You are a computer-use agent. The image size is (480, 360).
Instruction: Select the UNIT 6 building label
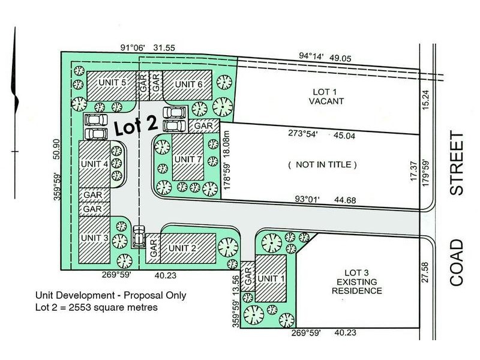pos(188,83)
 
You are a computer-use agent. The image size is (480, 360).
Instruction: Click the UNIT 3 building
pos(95,238)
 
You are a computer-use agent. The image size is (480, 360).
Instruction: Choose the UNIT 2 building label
pos(182,247)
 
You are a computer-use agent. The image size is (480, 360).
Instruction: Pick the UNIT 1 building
pos(272,279)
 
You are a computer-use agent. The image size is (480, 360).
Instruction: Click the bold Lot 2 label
pos(137,127)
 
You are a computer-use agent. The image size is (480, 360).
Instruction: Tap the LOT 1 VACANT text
pos(326,97)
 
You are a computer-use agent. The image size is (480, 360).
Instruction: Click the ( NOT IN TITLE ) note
pos(322,164)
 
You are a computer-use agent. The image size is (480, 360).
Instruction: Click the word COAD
pos(457,263)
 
